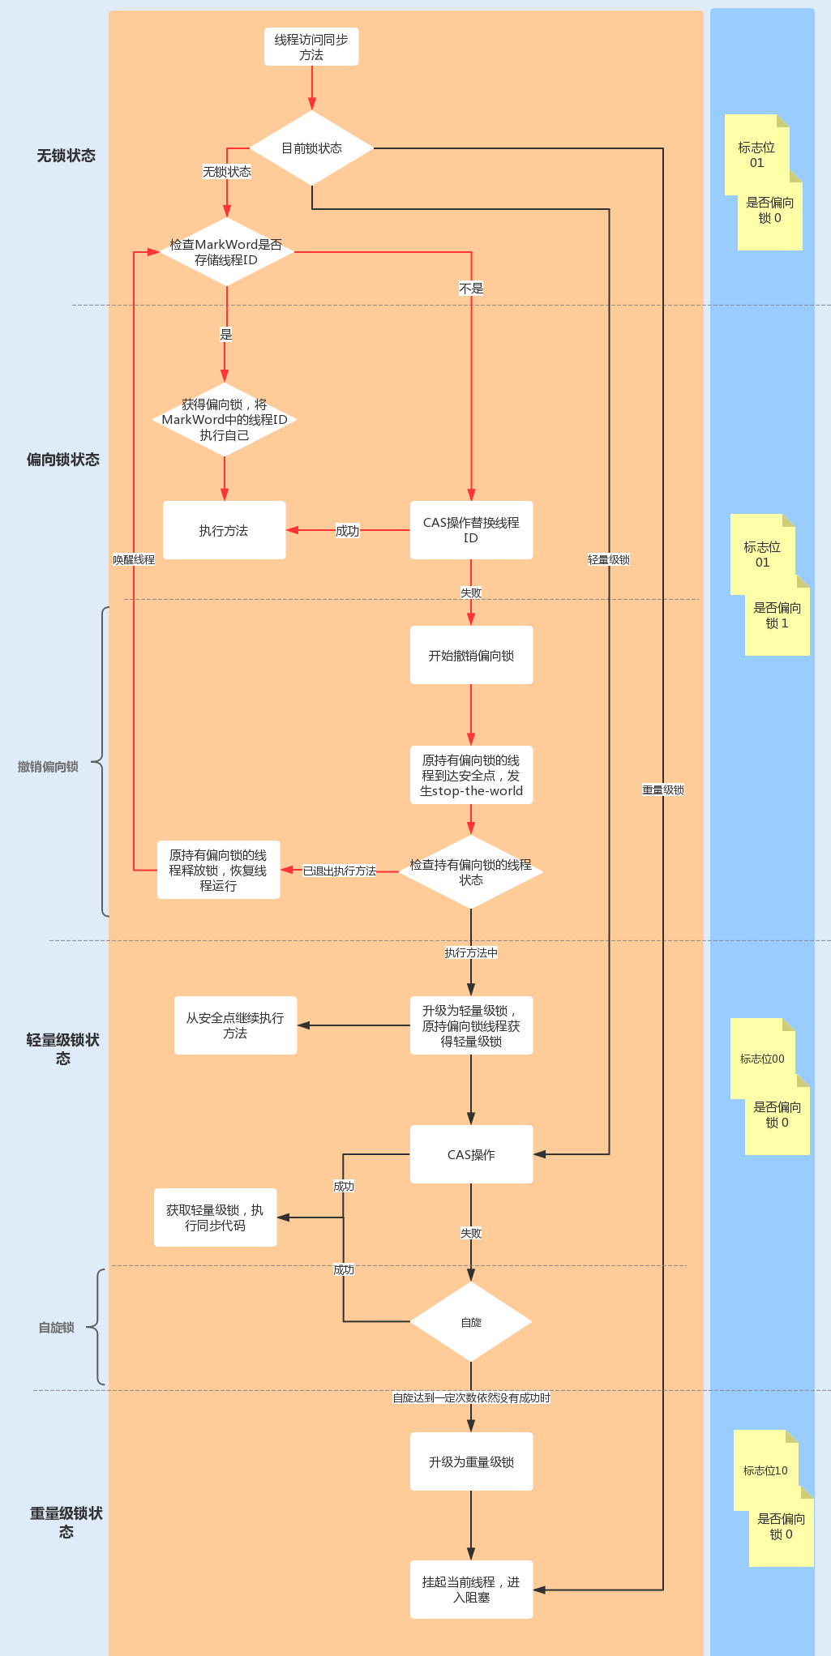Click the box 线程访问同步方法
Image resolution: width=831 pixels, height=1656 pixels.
click(x=311, y=47)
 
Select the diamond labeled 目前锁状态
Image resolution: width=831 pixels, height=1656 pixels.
click(x=311, y=148)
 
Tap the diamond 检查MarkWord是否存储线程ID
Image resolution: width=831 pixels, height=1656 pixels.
click(x=226, y=252)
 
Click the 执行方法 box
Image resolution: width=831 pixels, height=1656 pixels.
click(x=224, y=530)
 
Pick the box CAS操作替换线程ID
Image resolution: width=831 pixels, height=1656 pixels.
click(x=471, y=530)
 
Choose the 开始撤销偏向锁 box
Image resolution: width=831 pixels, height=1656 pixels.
click(x=471, y=655)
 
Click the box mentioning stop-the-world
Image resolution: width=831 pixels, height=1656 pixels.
click(x=471, y=775)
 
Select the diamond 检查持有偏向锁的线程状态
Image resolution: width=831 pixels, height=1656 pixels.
click(x=471, y=871)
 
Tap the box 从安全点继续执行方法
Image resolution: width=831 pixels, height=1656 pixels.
click(x=235, y=1025)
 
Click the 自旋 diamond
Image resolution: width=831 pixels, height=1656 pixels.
click(x=471, y=1322)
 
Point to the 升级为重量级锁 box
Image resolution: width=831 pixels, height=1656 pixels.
click(x=471, y=1461)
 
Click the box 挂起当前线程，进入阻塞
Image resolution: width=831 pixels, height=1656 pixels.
click(x=471, y=1590)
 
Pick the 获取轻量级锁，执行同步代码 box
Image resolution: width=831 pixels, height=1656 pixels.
click(x=215, y=1217)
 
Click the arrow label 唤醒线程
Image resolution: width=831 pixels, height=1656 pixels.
click(x=134, y=559)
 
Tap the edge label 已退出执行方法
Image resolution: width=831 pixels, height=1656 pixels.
click(x=340, y=871)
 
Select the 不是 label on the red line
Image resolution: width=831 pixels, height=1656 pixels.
click(x=471, y=289)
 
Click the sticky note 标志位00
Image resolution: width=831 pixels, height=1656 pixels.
click(x=762, y=1059)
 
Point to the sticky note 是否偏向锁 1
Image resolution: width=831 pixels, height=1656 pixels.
click(x=777, y=616)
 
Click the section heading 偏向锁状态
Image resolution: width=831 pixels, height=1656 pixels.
click(x=63, y=460)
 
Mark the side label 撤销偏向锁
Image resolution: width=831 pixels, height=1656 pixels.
click(x=48, y=767)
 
